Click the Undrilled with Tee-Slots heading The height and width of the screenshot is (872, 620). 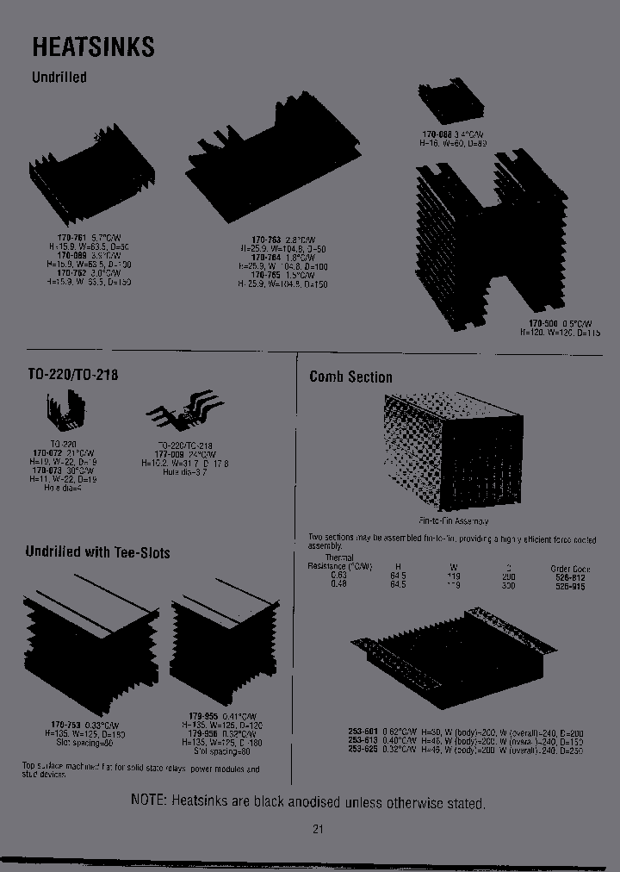pos(97,552)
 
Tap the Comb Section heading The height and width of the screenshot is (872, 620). pos(350,377)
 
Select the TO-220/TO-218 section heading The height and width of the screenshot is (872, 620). pos(72,376)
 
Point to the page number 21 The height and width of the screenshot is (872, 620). pos(318,830)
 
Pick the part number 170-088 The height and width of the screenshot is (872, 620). pos(437,134)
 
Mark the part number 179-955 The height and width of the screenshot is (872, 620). pos(203,716)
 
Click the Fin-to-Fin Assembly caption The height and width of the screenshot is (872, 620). pos(453,521)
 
